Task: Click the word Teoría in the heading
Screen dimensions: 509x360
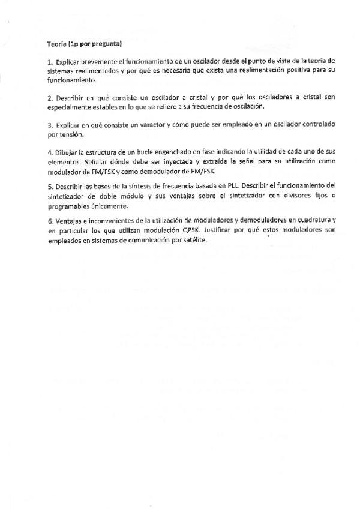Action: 57,44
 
